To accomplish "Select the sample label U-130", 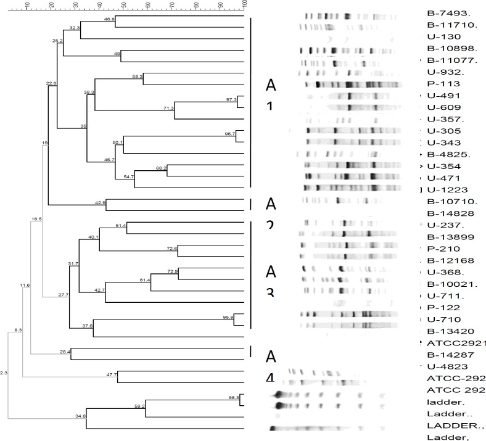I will tap(440, 37).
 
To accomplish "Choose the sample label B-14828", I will tap(446, 213).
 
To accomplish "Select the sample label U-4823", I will tap(443, 366).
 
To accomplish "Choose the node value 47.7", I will tap(112, 374).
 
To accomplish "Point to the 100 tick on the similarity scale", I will tap(245, 6).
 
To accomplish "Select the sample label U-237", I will tap(442, 225).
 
